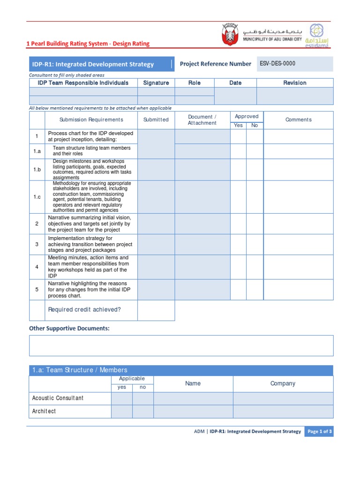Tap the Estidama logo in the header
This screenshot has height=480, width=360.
pos(318,35)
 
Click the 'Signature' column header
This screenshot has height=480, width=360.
pos(156,83)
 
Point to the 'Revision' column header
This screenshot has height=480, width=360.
pos(294,83)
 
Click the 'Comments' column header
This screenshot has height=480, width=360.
pos(298,120)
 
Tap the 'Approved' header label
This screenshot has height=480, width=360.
pos(247,116)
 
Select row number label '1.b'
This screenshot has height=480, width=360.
pos(37,170)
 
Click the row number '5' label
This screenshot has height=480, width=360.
pos(37,290)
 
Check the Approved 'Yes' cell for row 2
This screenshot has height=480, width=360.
pos(238,224)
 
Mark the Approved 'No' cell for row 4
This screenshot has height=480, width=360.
pos(255,267)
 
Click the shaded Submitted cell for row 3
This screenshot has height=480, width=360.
pos(156,244)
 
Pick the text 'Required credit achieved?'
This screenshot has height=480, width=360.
pos(84,310)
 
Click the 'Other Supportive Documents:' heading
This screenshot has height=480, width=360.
pos(69,329)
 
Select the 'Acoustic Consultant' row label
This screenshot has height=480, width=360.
pos(58,398)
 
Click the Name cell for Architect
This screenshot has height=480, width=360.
pos(193,411)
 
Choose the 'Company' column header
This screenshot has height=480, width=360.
pos(283,383)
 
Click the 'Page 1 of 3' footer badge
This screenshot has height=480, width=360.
pos(319,432)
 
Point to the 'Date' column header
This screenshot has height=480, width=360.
pos(235,83)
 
